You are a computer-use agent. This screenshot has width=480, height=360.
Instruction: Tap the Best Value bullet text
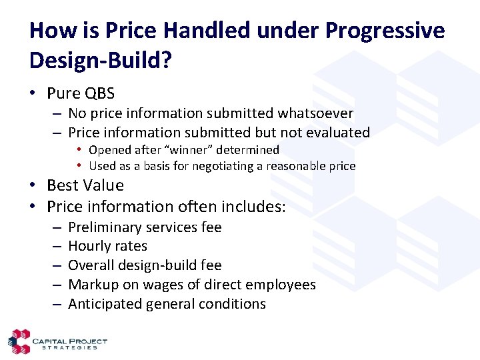click(x=85, y=185)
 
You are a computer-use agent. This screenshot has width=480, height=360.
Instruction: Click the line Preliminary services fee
click(x=145, y=227)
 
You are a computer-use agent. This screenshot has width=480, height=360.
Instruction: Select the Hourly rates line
click(x=107, y=246)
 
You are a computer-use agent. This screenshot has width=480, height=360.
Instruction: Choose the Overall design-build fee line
click(x=145, y=265)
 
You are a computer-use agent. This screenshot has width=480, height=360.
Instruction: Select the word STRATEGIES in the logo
click(x=69, y=348)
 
